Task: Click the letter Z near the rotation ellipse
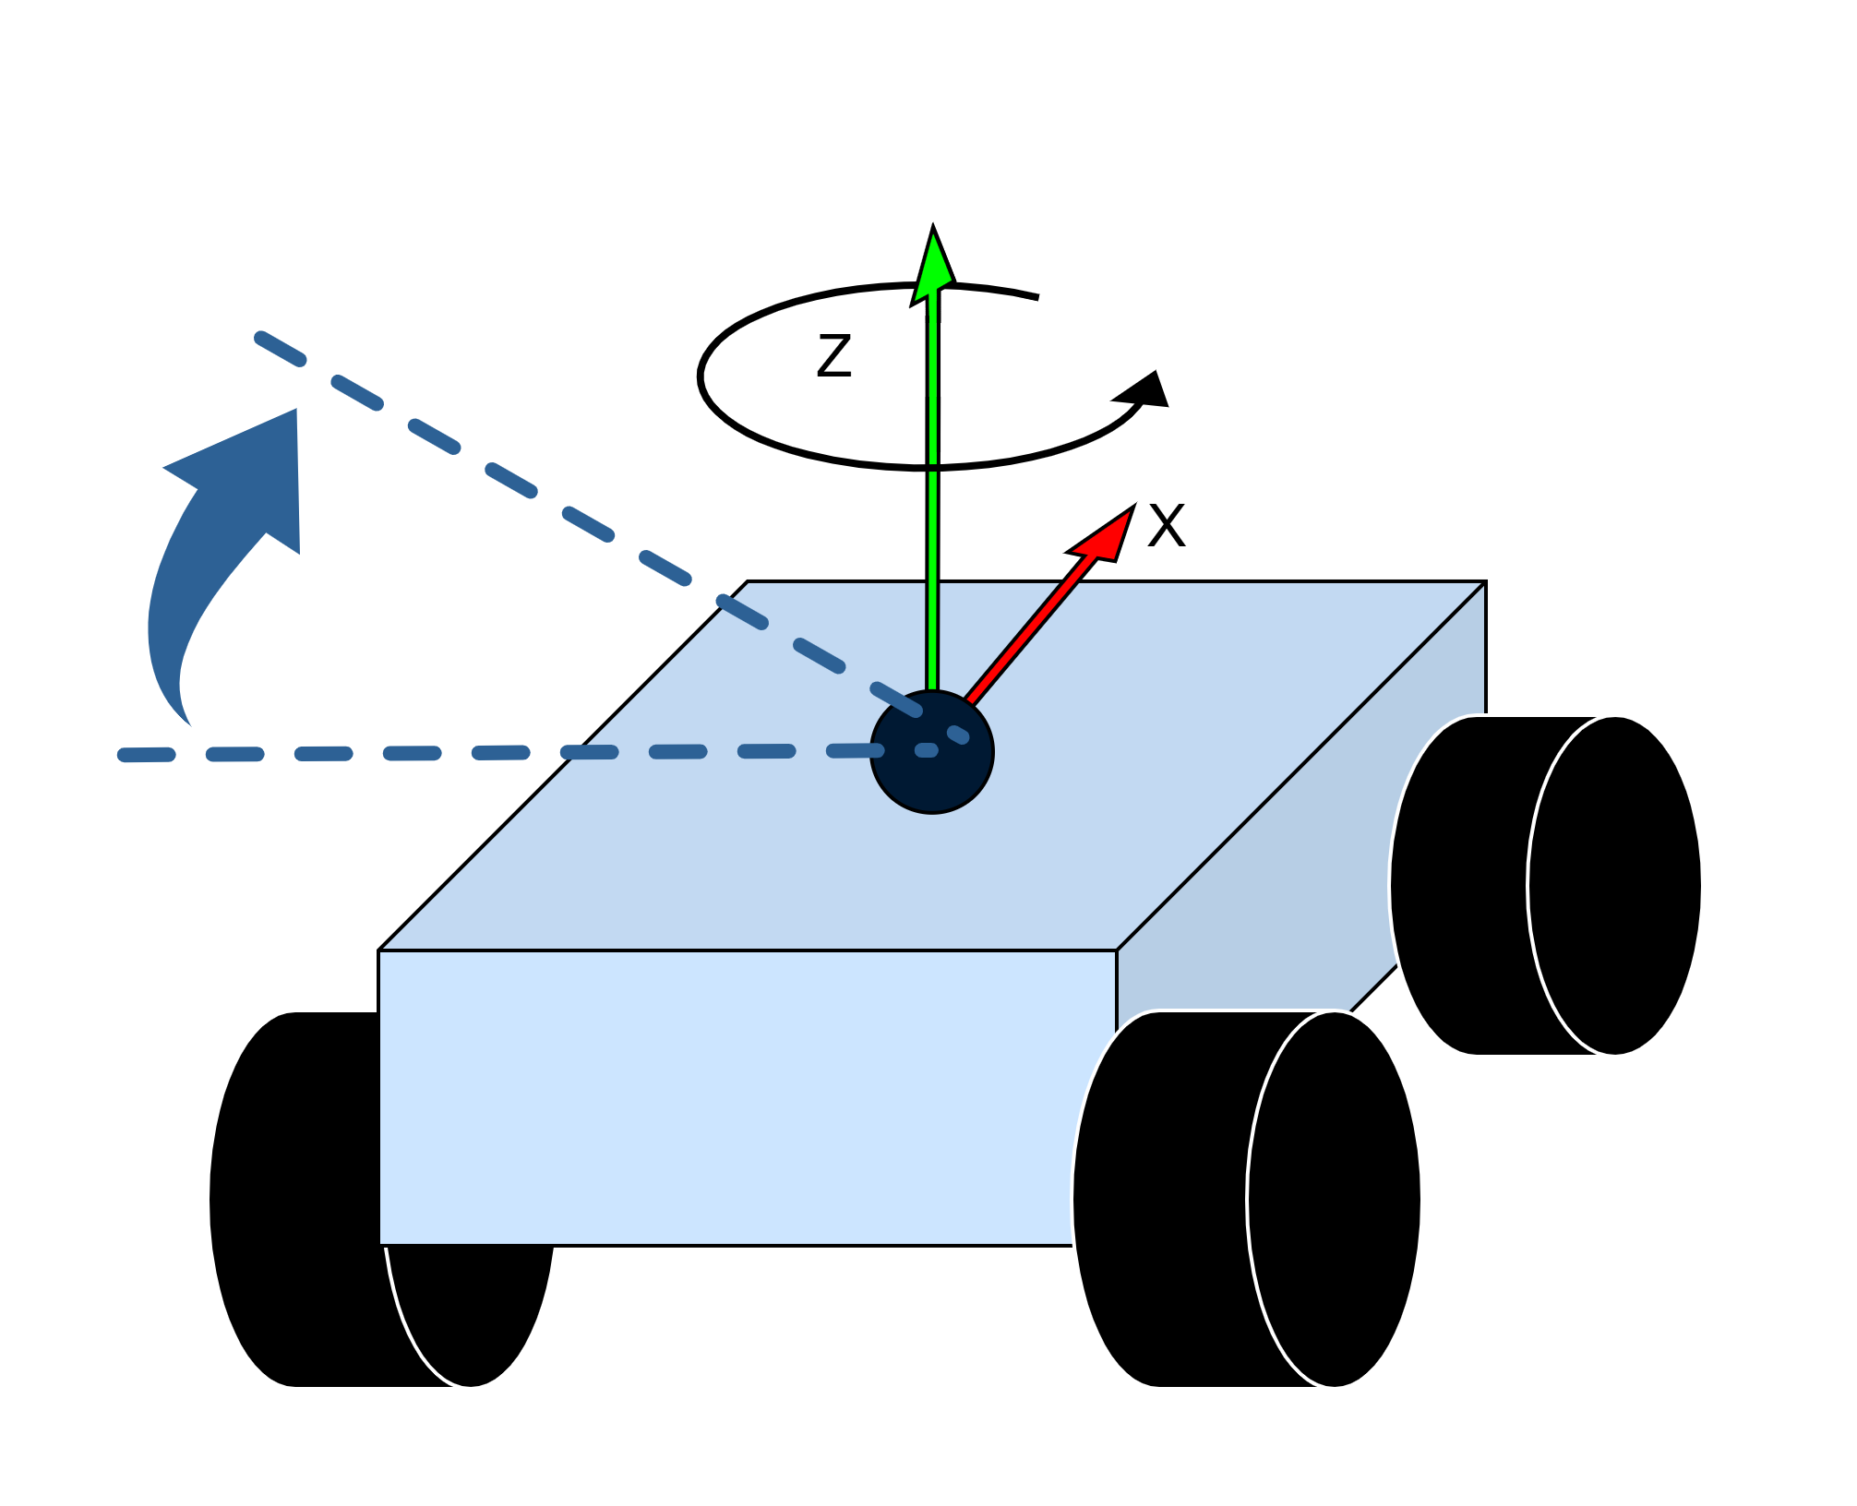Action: click(833, 357)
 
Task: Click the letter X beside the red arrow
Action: click(1166, 527)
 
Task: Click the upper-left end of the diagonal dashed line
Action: click(261, 338)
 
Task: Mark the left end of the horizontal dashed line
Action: click(125, 756)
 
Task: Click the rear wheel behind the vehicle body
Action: click(1546, 886)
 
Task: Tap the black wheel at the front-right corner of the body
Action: click(1246, 1200)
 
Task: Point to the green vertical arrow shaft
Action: click(932, 554)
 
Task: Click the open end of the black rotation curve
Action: click(1037, 297)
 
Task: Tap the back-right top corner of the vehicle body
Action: click(1484, 582)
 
